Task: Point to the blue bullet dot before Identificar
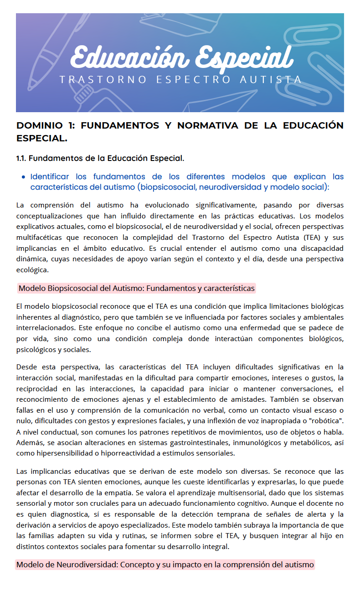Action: tap(23, 176)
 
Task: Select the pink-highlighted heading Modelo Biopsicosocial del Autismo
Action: tap(136, 288)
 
